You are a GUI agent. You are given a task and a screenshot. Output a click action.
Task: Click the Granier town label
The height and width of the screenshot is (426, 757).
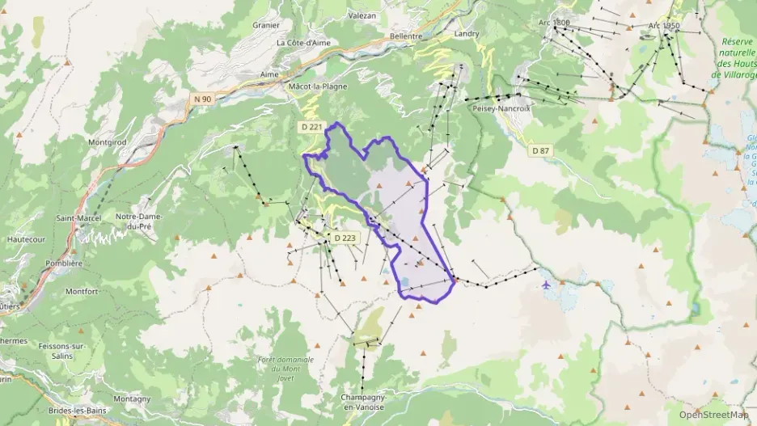click(x=265, y=25)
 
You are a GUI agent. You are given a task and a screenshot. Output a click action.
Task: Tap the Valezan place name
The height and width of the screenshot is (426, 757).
click(x=362, y=15)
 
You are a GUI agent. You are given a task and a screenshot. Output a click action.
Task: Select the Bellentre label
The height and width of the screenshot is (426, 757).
click(x=406, y=36)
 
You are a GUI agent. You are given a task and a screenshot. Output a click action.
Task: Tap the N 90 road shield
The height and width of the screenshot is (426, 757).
click(x=202, y=99)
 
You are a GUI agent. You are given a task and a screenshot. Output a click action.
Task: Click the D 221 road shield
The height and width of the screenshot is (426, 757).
click(x=311, y=127)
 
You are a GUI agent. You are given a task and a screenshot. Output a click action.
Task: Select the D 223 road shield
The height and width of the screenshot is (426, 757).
click(x=345, y=238)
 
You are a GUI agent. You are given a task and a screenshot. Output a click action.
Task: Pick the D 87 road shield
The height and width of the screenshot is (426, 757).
click(x=540, y=150)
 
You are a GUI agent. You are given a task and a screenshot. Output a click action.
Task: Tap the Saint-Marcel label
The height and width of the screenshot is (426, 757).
click(x=78, y=218)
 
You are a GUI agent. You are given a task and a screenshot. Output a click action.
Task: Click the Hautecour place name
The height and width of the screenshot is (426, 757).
click(x=24, y=240)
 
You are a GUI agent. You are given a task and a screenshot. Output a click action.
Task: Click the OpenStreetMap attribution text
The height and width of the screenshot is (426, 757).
click(x=713, y=415)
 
